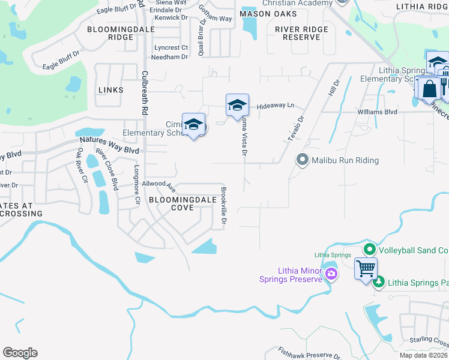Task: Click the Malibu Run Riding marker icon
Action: (303, 160)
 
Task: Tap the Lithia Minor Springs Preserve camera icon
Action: (331, 274)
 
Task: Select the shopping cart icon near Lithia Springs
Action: (365, 268)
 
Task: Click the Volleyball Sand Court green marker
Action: (369, 249)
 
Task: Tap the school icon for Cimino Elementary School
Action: (193, 125)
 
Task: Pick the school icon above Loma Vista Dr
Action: (237, 106)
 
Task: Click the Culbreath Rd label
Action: (145, 93)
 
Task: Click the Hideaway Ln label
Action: (276, 106)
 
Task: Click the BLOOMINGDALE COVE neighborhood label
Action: (171, 203)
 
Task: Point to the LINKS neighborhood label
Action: (110, 90)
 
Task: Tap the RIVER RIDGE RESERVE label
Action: (301, 33)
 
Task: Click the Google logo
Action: (20, 353)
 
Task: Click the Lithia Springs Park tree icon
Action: (378, 281)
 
